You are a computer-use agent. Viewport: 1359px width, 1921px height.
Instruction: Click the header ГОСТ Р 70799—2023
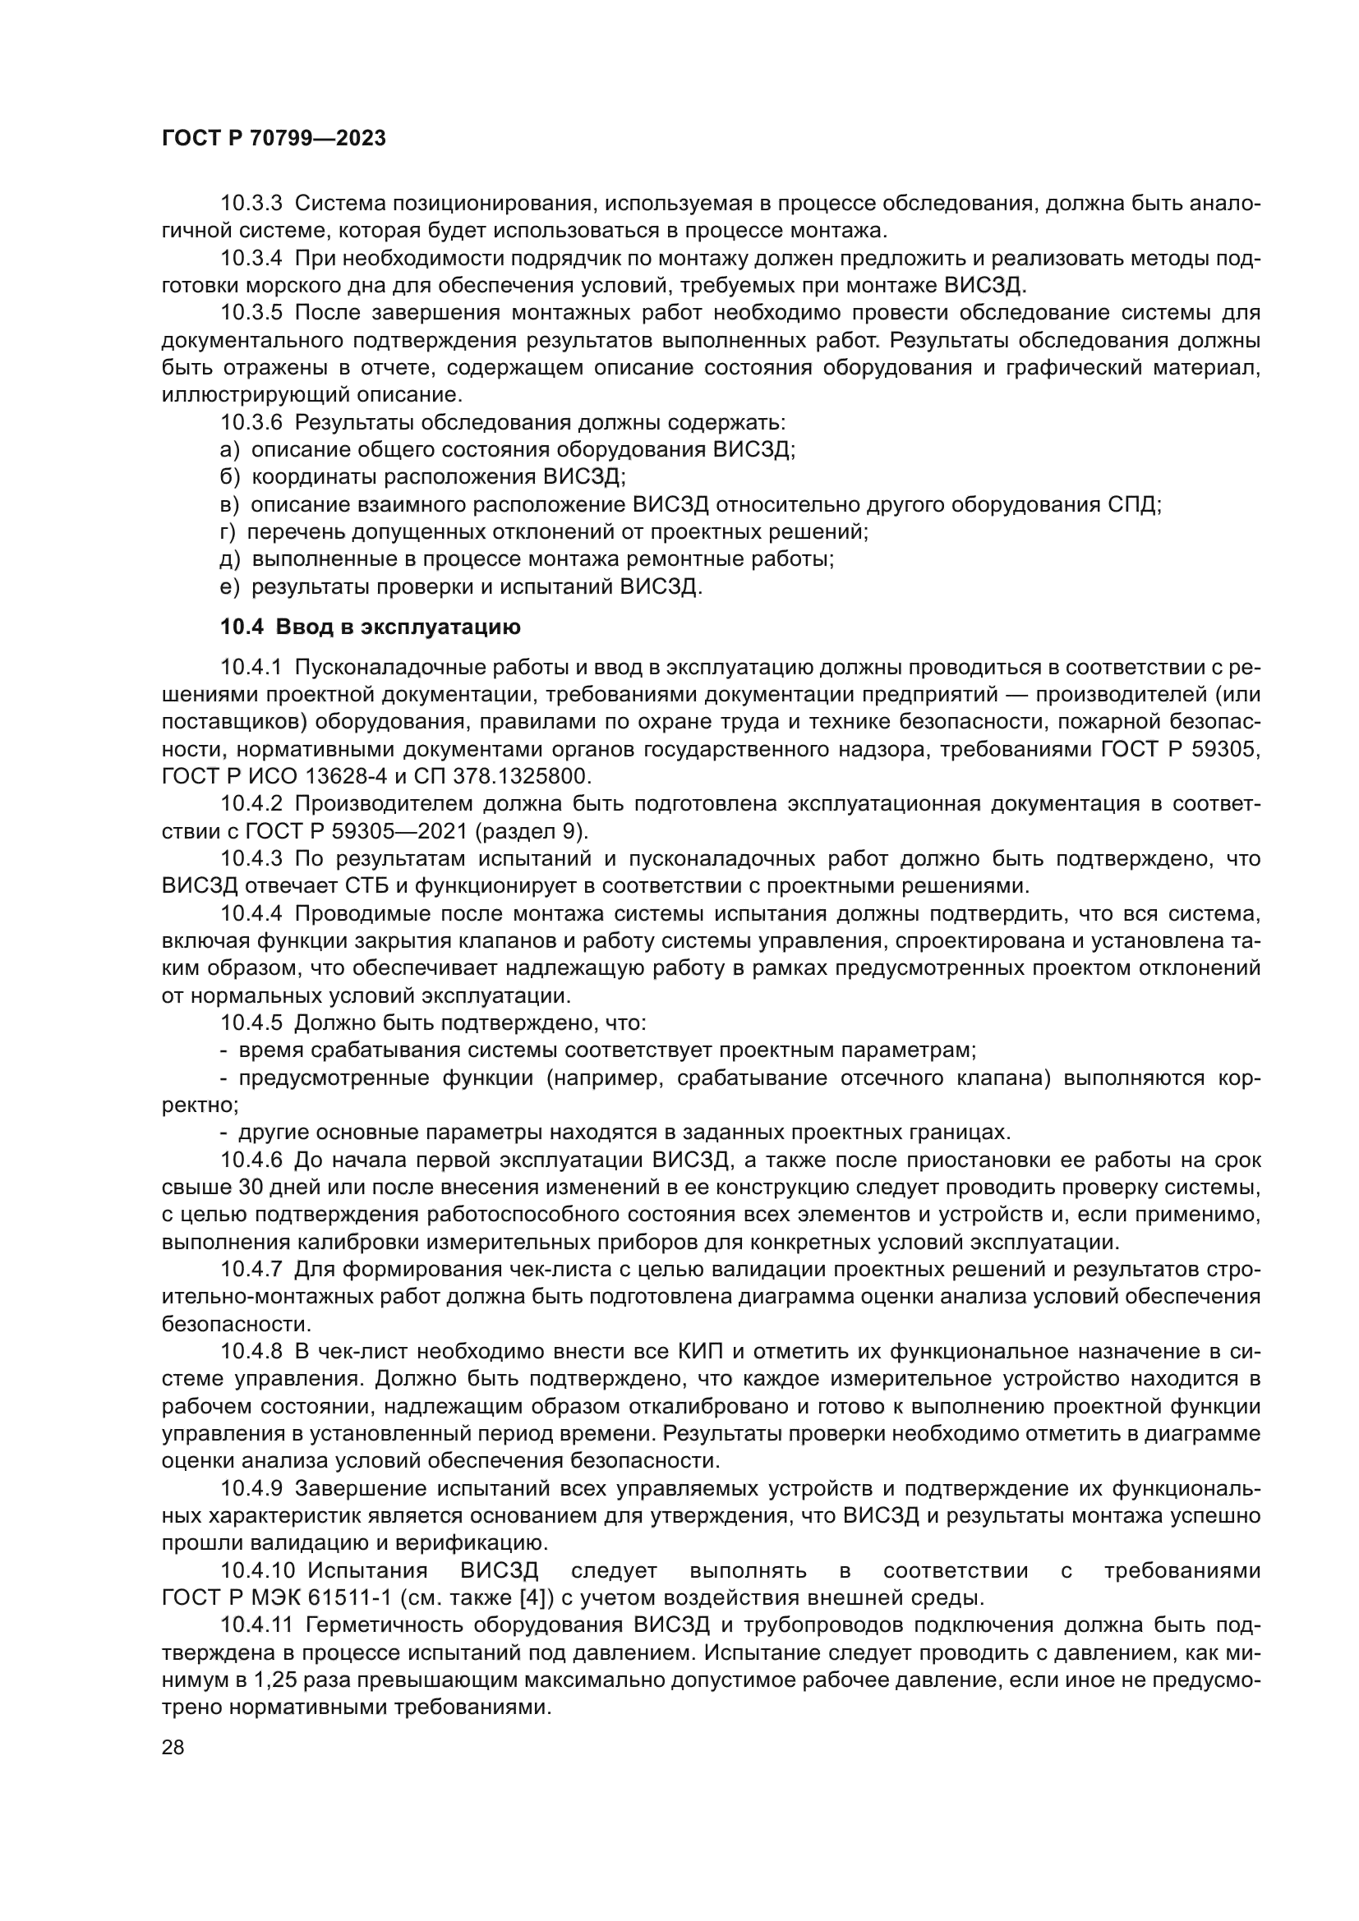coord(274,139)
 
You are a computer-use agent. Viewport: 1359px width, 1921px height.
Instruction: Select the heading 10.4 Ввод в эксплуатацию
coord(370,627)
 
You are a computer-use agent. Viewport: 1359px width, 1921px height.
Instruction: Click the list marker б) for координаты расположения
coord(229,477)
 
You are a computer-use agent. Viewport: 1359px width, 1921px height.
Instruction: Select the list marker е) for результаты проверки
coord(229,586)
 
